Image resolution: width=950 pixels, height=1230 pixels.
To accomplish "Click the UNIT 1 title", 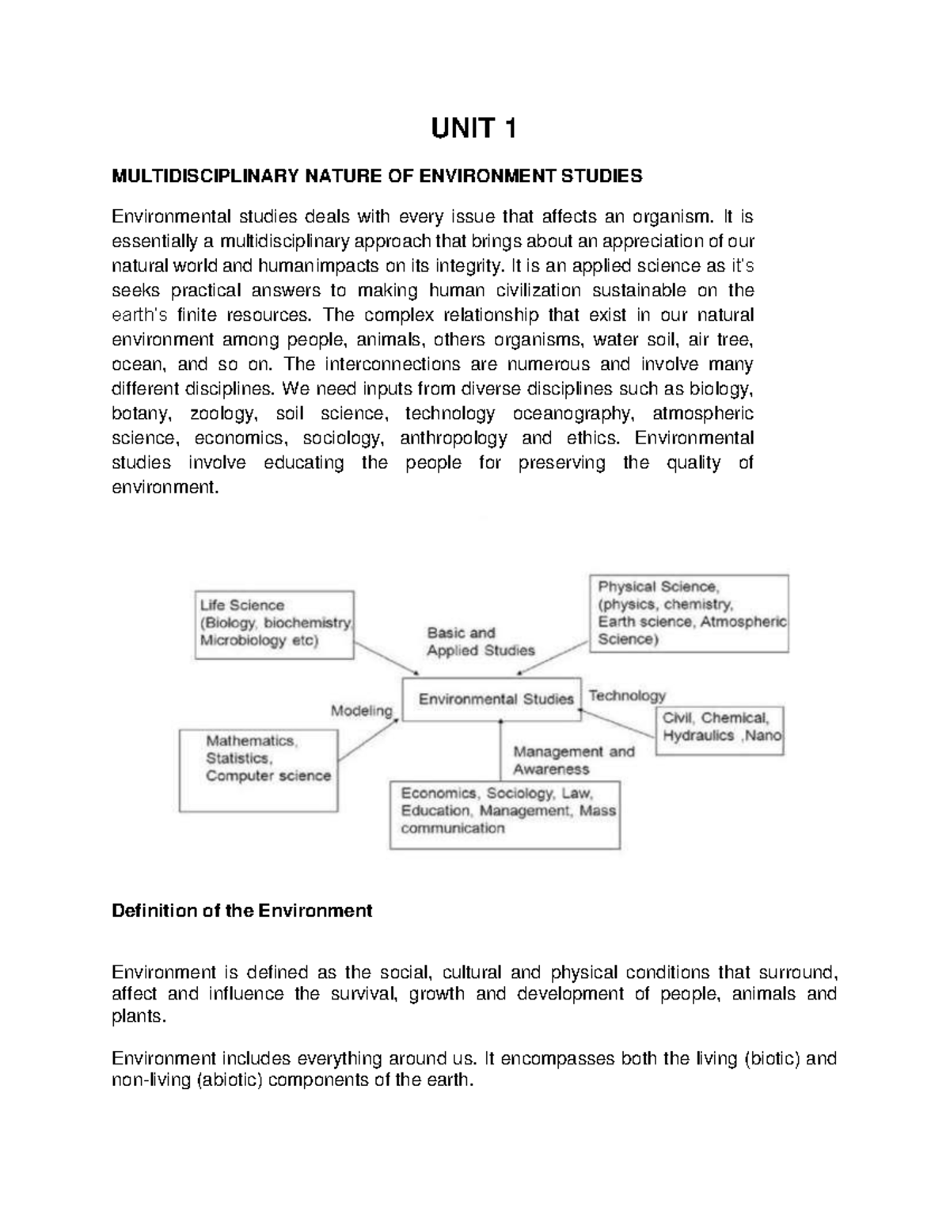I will click(x=473, y=128).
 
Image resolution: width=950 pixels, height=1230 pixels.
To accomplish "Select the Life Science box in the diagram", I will click(x=274, y=624).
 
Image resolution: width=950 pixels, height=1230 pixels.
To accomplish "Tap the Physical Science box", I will click(x=689, y=614).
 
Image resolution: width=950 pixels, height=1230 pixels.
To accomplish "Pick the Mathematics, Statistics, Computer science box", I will click(x=259, y=770).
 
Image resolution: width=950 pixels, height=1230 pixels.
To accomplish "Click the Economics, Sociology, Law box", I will click(x=504, y=815).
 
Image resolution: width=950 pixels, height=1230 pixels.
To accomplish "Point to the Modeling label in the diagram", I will click(x=362, y=710).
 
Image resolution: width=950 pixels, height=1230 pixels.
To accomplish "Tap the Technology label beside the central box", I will click(x=627, y=695).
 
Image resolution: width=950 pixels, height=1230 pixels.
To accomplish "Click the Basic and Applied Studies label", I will click(x=481, y=642).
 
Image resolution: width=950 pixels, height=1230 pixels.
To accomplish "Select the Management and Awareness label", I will click(x=573, y=760).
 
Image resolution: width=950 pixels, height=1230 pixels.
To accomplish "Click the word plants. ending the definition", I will click(x=140, y=1017).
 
